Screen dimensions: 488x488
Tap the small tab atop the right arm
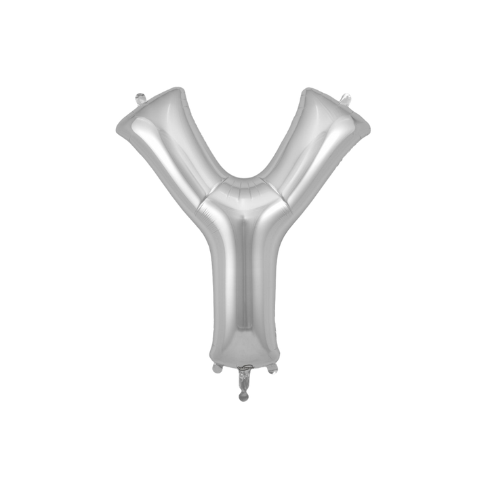tap(348, 98)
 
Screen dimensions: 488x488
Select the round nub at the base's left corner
tap(216, 369)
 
